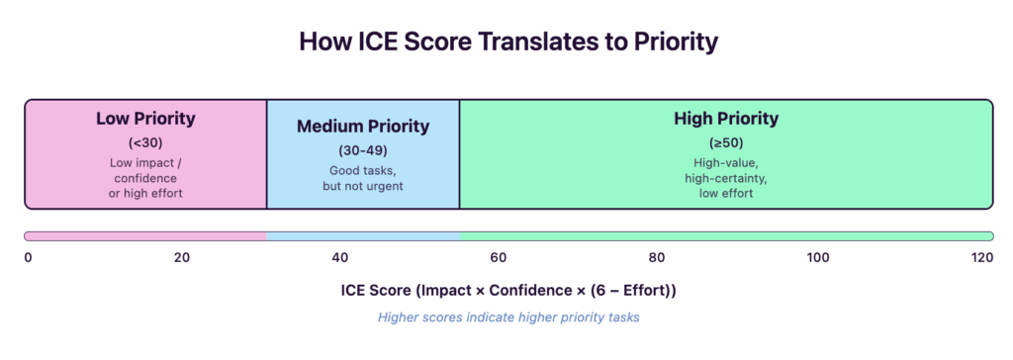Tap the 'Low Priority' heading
(145, 119)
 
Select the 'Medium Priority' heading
(363, 127)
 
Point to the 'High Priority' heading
(726, 119)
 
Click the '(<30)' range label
(145, 141)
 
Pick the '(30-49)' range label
(363, 150)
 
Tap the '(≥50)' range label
(726, 141)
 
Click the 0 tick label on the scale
(28, 258)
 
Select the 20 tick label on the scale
(181, 258)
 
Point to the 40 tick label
(339, 258)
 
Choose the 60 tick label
(498, 258)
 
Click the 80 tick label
(657, 258)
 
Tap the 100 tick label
(817, 258)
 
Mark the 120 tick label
(981, 258)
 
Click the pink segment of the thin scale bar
(145, 236)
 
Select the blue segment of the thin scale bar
(363, 236)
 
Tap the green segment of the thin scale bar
(726, 236)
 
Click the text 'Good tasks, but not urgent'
(363, 178)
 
